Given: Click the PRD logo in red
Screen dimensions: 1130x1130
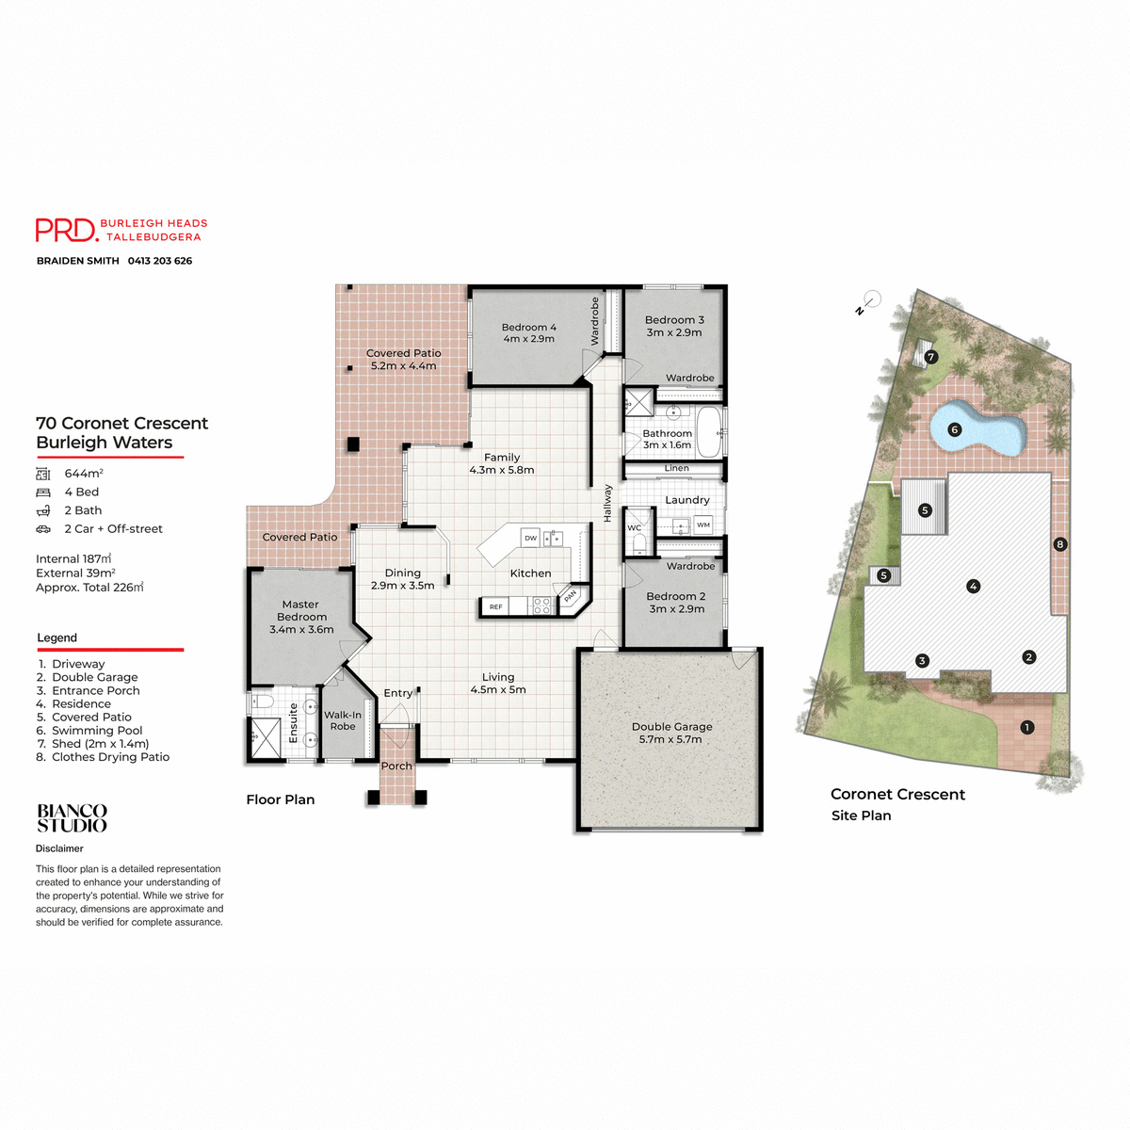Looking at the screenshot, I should pos(66,230).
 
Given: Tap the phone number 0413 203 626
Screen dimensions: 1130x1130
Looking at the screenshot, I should pos(160,261).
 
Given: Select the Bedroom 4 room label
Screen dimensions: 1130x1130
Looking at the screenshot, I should pos(528,333).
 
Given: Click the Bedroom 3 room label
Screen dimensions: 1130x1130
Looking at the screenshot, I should pos(674,326).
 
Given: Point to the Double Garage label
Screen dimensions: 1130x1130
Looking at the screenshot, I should pos(671,733).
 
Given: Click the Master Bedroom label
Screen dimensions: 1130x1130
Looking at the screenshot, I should pos(301,617).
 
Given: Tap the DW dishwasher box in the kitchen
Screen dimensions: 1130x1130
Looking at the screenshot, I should pos(531,538).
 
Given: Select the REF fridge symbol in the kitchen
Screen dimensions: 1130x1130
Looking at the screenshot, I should pos(495,606).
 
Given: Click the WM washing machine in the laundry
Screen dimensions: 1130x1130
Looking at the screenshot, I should pos(703,525).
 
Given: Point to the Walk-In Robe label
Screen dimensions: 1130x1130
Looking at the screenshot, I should pos(343,720).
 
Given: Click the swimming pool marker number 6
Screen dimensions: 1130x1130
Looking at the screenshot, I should pos(954,429).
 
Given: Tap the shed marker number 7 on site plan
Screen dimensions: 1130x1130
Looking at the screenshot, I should pos(930,357).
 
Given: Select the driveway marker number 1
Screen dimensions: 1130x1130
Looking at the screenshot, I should pos(1027,727).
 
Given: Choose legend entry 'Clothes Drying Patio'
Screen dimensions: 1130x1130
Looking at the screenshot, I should pos(110,757).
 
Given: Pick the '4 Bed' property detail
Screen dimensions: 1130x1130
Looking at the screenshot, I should pos(81,492).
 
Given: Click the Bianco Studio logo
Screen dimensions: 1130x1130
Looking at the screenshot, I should pos(72,818).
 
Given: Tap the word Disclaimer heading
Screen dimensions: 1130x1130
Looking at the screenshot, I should pos(59,848).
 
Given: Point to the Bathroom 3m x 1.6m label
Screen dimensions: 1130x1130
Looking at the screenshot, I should pos(667,439).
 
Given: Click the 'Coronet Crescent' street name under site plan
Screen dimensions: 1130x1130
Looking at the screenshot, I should pos(897,794).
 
